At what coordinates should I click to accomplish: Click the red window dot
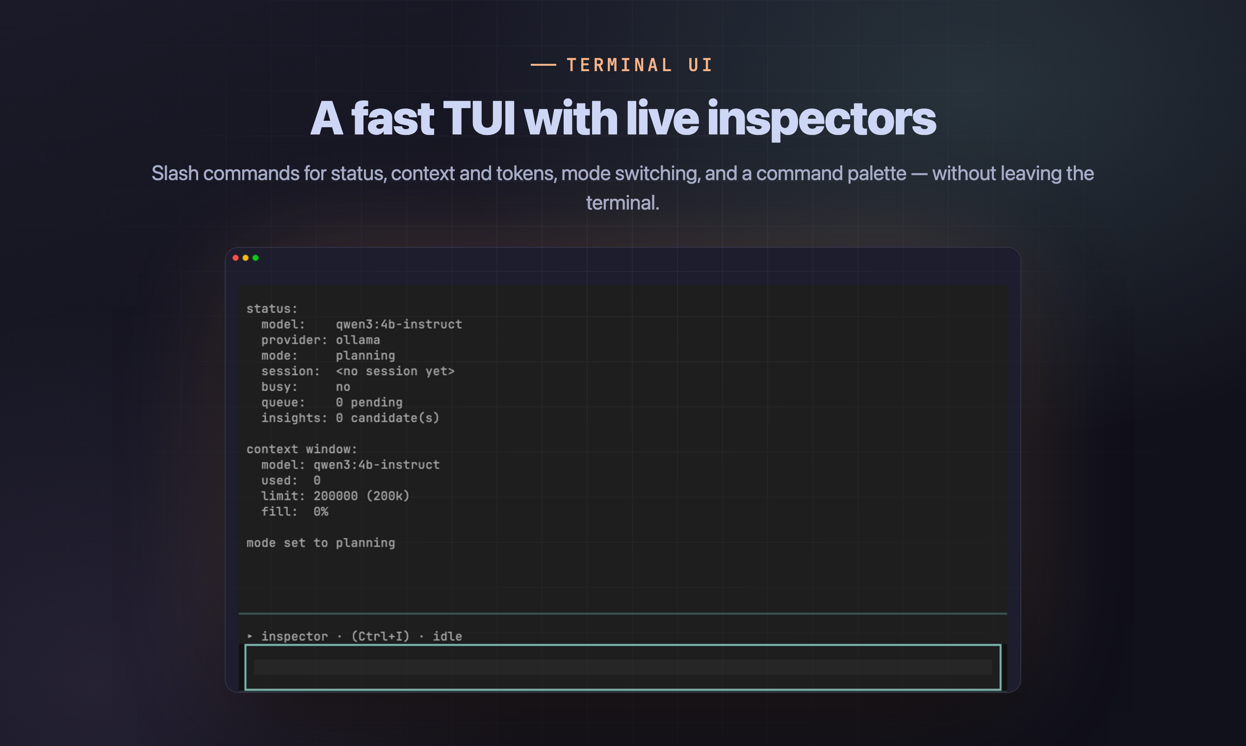(235, 258)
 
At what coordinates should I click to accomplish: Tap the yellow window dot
(246, 258)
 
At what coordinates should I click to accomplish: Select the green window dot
(255, 258)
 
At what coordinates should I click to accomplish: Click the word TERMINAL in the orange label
(620, 65)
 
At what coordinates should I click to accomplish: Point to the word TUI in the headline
(479, 119)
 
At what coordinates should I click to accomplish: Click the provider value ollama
(358, 340)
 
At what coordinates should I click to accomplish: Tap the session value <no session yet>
(395, 371)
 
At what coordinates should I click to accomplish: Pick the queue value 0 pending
(369, 402)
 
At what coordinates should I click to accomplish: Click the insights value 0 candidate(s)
(388, 418)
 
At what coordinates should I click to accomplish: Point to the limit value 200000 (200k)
(361, 496)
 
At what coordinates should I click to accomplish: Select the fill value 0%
(320, 511)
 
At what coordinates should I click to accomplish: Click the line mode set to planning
(320, 543)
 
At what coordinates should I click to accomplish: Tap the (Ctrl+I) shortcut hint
(380, 636)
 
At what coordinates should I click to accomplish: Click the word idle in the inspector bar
(447, 636)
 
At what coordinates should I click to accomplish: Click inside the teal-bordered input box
(623, 667)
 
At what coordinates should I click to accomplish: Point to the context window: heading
(302, 449)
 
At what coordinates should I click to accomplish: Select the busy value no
(342, 387)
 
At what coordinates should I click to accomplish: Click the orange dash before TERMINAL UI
(543, 65)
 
